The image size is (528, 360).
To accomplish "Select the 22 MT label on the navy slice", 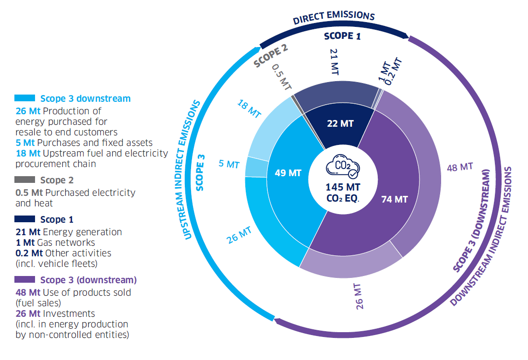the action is point(340,123).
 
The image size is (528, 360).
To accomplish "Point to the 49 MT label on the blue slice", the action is point(288,173).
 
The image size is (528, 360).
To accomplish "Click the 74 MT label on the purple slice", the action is point(394,199).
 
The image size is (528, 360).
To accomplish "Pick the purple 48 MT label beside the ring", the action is point(460,167).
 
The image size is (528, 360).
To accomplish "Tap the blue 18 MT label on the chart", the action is point(249,109).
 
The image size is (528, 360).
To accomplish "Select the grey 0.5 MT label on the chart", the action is point(281,77).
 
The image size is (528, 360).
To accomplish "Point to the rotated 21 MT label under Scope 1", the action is point(334,62).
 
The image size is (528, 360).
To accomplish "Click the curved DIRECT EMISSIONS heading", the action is point(334,17).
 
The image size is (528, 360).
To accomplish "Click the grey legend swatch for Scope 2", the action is point(24,180).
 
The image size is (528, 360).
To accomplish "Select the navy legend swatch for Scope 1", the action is point(24,219).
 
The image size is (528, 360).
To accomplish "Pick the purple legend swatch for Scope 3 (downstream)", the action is point(24,279).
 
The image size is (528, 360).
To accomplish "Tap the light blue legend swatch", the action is point(24,98).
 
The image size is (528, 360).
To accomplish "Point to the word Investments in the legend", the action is point(69,313).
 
